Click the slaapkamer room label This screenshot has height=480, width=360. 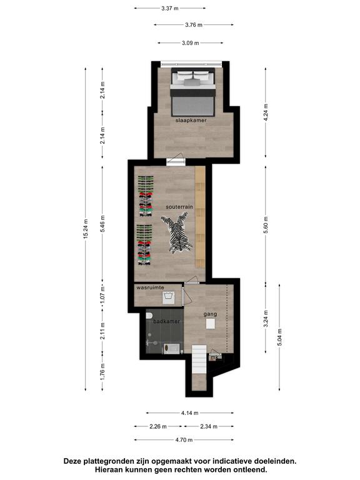coord(191,120)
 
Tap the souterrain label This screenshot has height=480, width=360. coord(179,207)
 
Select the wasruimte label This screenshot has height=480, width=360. coord(150,287)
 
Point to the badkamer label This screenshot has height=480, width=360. coord(166,321)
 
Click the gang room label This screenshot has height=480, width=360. coord(210,314)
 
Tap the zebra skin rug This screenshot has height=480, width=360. coord(177,232)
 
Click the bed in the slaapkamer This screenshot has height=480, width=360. coord(192,92)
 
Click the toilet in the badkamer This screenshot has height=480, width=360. coord(149,316)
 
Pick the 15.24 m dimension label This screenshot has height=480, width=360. coord(86,229)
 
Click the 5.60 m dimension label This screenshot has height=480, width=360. coord(266,225)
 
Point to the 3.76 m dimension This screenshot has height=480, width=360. coord(194,25)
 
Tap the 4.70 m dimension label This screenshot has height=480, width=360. coord(184,440)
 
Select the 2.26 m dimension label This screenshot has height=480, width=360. coord(158,426)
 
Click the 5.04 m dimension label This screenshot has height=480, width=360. coord(279,337)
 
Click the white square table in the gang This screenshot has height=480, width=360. coord(211,324)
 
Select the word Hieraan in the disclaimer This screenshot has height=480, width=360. coord(109,469)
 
